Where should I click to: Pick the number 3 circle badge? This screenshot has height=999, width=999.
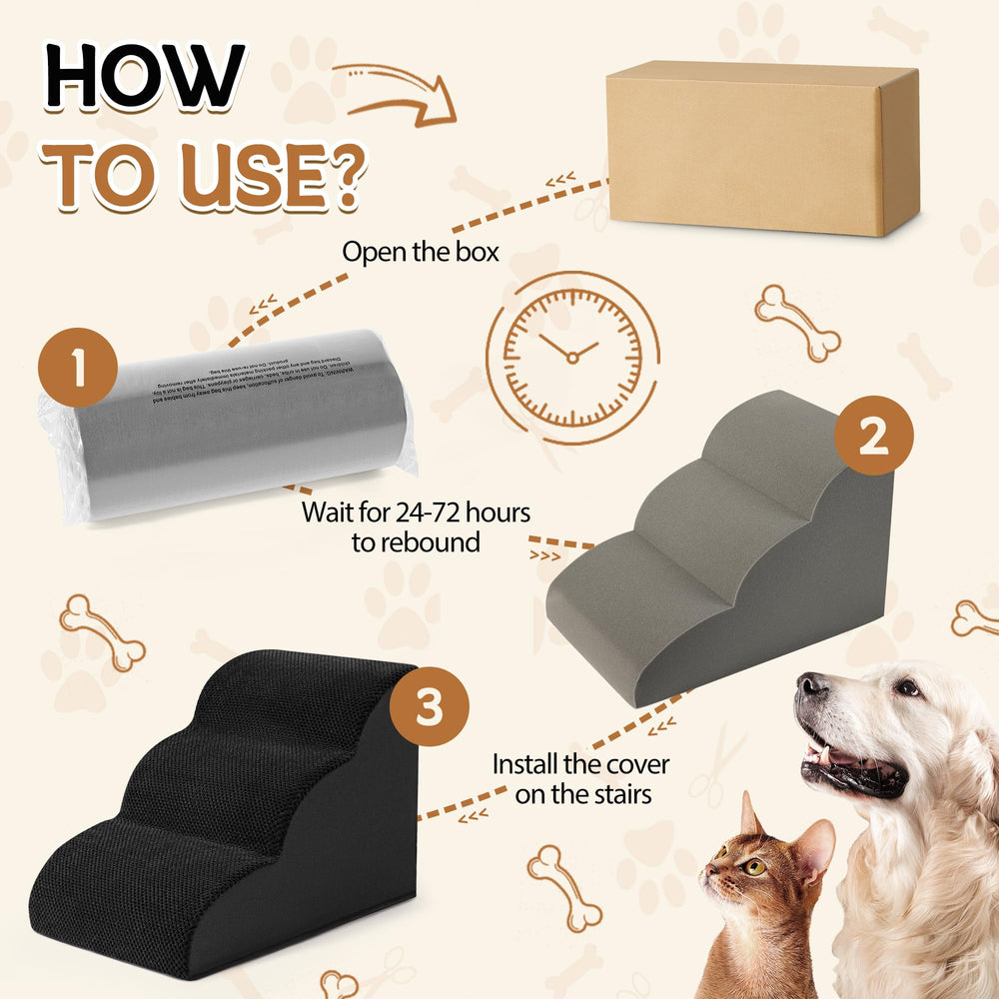(x=430, y=708)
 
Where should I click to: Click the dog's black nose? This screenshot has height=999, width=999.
(x=812, y=686)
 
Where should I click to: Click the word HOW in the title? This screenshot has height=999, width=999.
(x=146, y=77)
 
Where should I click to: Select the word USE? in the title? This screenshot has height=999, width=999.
(x=282, y=177)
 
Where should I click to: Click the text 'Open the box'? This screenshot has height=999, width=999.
(x=420, y=251)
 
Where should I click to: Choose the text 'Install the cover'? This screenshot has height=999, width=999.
(x=580, y=765)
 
